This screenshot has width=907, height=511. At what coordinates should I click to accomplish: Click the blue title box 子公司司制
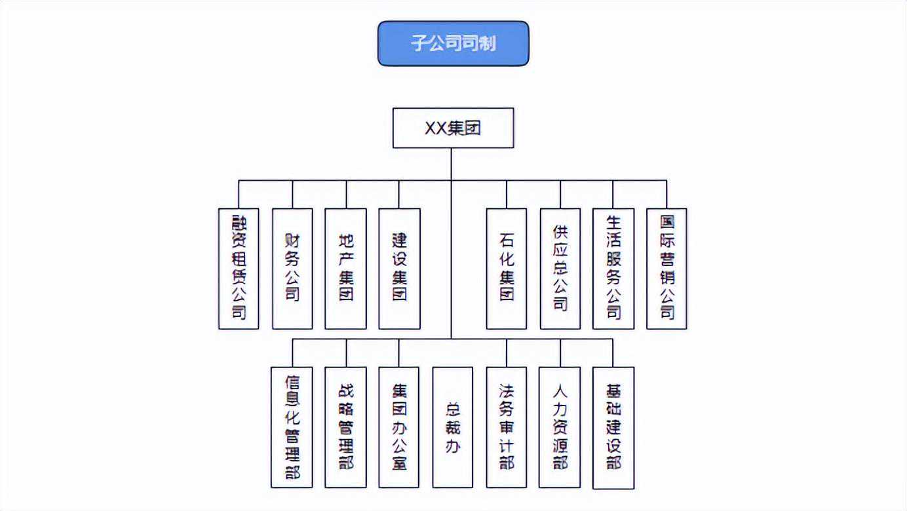[453, 43]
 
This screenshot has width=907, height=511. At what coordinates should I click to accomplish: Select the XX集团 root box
[453, 128]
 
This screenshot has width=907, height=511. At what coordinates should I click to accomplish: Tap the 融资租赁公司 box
[239, 269]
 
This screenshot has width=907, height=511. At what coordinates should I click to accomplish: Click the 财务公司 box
[292, 269]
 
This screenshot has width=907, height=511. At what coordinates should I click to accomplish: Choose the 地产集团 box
[346, 269]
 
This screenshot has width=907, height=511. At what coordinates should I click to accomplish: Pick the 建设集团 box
[399, 269]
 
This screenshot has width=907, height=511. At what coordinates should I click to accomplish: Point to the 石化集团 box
[507, 269]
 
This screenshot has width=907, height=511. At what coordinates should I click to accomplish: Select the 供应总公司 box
[560, 269]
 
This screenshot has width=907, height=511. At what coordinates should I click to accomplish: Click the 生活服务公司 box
[613, 269]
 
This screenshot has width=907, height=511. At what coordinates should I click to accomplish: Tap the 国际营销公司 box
[666, 269]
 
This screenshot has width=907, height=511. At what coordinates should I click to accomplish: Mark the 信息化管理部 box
[292, 427]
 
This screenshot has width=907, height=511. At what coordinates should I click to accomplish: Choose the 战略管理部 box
[346, 427]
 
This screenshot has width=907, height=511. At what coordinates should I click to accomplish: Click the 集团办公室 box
[399, 427]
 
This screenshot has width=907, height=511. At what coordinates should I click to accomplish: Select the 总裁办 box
[453, 427]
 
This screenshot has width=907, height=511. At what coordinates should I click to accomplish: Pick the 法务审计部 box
[507, 427]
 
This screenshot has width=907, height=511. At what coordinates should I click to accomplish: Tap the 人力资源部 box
[560, 427]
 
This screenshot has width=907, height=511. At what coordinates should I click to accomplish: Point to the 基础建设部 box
[613, 427]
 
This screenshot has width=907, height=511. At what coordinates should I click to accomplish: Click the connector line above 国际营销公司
[666, 195]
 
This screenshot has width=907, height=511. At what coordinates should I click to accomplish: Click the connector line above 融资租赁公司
[239, 195]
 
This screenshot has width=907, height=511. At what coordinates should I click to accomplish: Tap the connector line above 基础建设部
[613, 353]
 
